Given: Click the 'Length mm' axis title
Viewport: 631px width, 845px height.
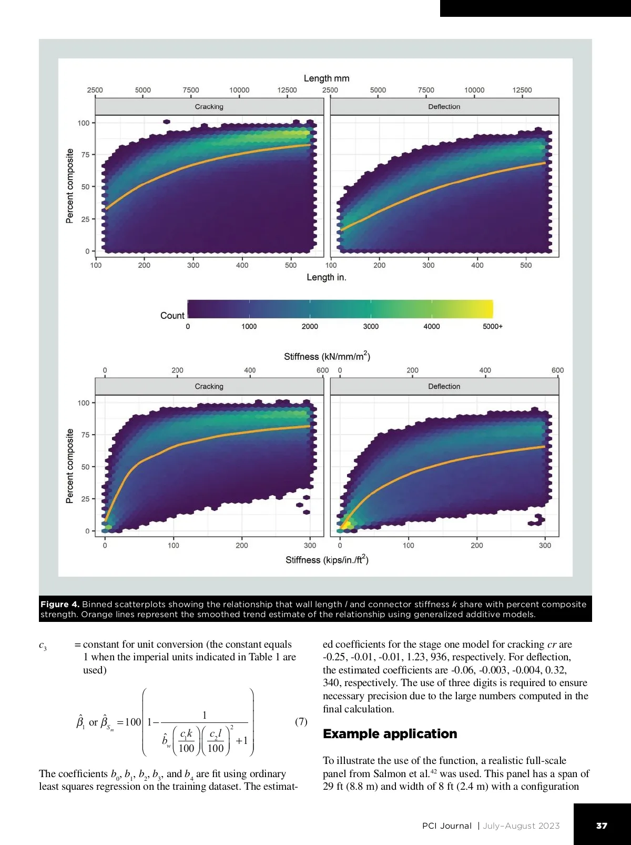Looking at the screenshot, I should [x=326, y=78].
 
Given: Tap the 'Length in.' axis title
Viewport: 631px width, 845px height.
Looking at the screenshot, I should [x=326, y=277].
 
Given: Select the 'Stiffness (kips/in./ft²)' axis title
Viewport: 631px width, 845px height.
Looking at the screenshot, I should [x=327, y=560].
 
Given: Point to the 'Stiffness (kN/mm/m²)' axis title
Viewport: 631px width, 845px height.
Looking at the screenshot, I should [x=327, y=356].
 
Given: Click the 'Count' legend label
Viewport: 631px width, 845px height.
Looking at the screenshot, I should [x=172, y=316].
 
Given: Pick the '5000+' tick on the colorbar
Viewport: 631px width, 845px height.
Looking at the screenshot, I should [x=492, y=326].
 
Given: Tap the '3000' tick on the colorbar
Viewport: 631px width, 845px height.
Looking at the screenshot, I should [x=371, y=326].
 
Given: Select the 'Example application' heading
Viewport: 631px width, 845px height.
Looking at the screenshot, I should [x=390, y=734].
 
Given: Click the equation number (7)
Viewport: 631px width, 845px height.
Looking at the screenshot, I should [x=301, y=721].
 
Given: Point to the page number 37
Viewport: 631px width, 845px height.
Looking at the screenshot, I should [x=602, y=826].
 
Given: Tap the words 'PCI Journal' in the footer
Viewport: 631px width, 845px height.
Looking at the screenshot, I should [x=446, y=826].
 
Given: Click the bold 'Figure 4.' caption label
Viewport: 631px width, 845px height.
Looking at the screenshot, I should [x=59, y=604].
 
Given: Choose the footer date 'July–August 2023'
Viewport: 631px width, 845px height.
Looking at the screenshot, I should [x=521, y=826].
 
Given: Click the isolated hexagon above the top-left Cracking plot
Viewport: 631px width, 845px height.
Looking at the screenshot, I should [x=167, y=122].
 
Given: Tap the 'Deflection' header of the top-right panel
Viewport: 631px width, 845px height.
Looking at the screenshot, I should [x=444, y=107].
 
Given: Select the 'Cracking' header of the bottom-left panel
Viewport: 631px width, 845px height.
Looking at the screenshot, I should [x=209, y=386].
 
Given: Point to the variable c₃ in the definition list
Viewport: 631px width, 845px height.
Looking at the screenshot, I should [x=43, y=646].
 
